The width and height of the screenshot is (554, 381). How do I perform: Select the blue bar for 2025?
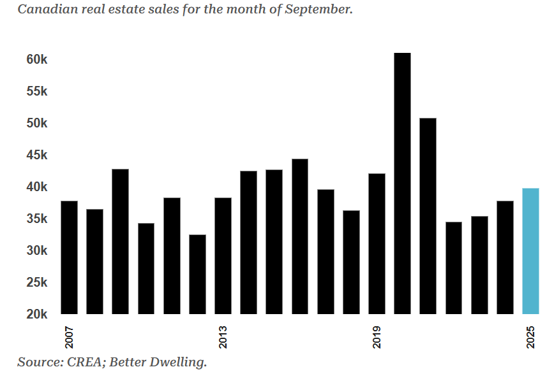pos(530,251)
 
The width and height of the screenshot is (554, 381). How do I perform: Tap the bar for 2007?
pos(69,257)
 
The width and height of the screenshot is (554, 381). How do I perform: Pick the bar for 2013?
pos(223,255)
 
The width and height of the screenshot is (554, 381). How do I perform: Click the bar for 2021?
pos(428,216)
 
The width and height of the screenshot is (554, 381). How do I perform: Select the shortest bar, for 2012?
pos(197,274)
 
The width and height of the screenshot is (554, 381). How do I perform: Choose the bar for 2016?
pos(300,236)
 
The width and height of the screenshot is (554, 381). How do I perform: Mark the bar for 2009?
pos(120,241)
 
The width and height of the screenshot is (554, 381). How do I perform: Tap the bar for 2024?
pos(505,257)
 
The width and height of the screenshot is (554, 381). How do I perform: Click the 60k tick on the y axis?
pos(37,59)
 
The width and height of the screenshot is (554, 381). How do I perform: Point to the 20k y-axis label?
pos(37,314)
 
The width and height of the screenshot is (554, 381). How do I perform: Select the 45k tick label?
pos(37,155)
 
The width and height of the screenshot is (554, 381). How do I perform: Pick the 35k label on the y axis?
pos(37,219)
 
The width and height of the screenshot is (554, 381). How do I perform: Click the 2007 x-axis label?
pos(69,336)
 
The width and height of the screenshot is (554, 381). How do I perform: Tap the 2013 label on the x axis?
pos(223,336)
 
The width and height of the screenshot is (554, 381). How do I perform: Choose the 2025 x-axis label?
pos(530,336)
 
